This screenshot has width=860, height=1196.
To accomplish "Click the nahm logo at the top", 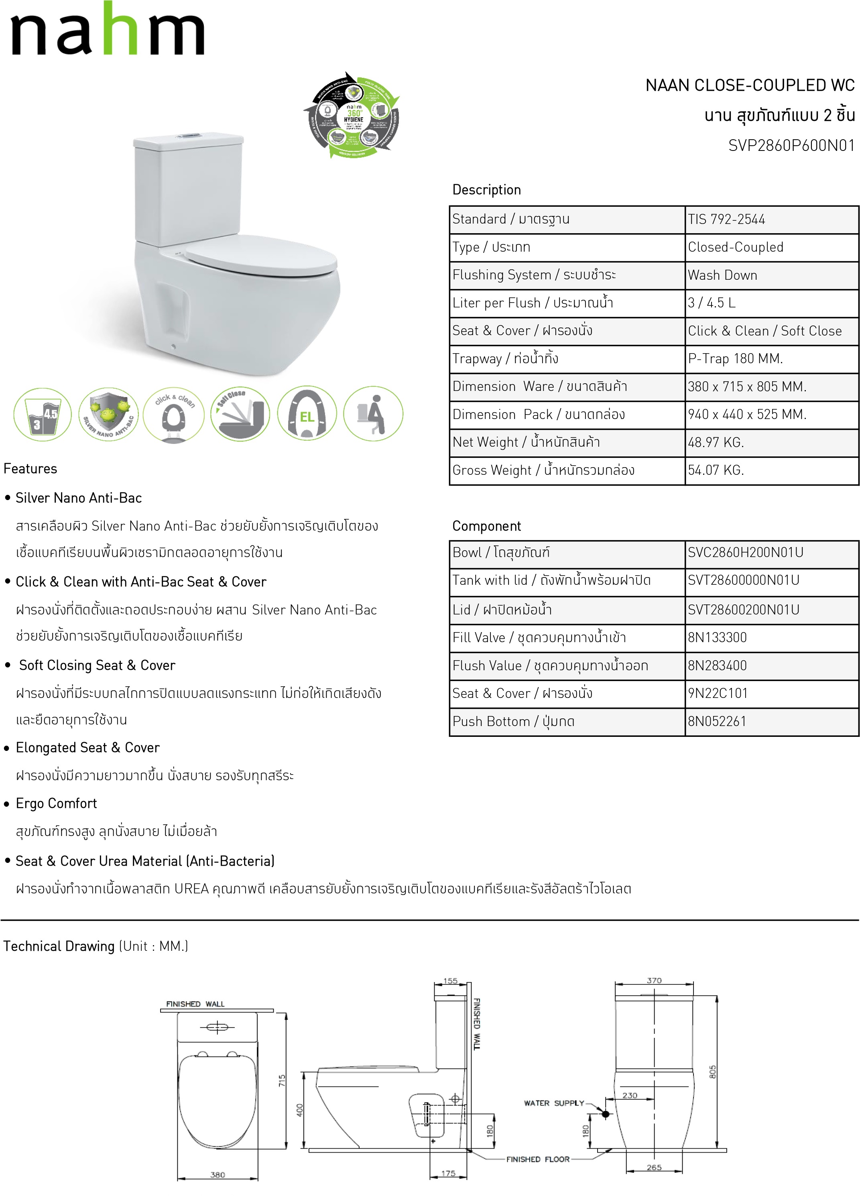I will coord(107,30).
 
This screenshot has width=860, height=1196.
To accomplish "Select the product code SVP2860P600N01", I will coord(791,146).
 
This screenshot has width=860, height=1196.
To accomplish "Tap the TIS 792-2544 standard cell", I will coord(726,220).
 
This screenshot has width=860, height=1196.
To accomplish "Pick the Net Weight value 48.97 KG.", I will coord(716,442).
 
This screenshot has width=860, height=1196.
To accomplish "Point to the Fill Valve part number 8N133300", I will coord(717,638).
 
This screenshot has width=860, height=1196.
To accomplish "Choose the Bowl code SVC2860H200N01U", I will coord(745,553).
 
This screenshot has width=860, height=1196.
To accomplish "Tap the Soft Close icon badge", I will coord(240,413).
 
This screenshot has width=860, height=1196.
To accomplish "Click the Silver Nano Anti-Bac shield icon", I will coord(109,413).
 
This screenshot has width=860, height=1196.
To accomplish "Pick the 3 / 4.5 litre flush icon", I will coord(42,413).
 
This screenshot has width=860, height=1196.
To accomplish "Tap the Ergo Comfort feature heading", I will coord(57,803).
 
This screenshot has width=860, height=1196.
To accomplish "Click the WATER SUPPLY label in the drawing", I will coord(554,1103).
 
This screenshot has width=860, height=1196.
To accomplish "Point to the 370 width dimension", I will coord(654,981).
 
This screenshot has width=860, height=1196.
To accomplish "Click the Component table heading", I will coord(486,526).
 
